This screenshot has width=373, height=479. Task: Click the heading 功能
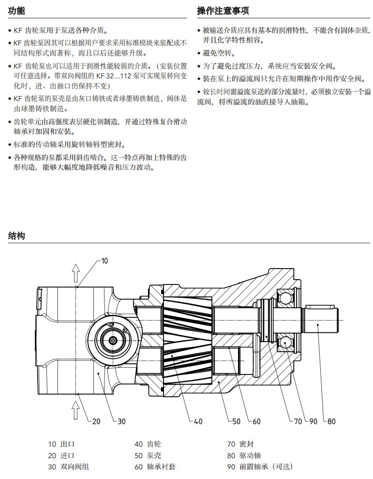pyautogui.click(x=16, y=11)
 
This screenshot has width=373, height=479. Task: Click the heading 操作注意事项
pyautogui.click(x=223, y=11)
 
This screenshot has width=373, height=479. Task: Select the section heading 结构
pyautogui.click(x=16, y=236)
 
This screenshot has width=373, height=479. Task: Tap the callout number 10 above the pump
pyautogui.click(x=104, y=261)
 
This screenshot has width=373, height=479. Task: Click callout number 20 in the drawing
pyautogui.click(x=96, y=421)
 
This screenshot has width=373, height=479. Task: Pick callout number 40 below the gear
pyautogui.click(x=198, y=421)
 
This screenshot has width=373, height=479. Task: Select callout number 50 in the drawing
pyautogui.click(x=236, y=421)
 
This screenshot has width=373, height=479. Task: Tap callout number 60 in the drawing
pyautogui.click(x=256, y=421)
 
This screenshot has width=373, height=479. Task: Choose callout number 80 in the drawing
pyautogui.click(x=331, y=421)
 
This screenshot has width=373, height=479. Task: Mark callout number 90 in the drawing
pyautogui.click(x=313, y=421)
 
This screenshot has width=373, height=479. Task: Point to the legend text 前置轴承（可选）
pyautogui.click(x=266, y=467)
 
